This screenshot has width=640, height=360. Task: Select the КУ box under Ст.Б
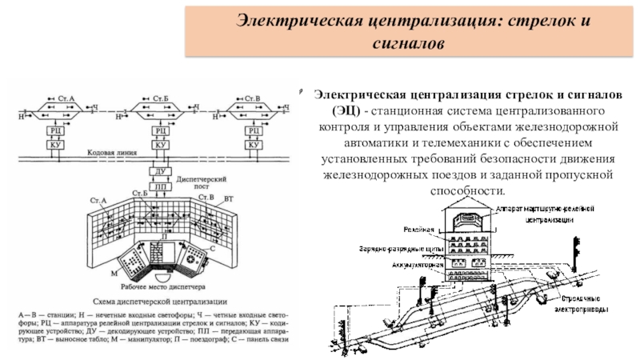(160, 146)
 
